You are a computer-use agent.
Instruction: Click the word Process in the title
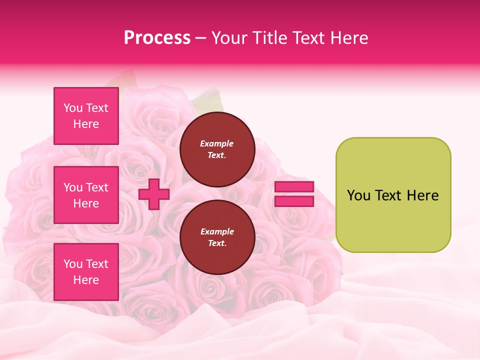(x=157, y=38)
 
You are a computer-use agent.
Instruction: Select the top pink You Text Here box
(x=86, y=116)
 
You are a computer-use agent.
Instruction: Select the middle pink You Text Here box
(x=86, y=195)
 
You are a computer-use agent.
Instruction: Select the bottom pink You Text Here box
(x=86, y=272)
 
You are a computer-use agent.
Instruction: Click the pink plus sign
(x=154, y=194)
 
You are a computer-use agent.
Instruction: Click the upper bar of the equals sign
(x=294, y=186)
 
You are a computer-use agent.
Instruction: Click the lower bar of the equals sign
(x=294, y=201)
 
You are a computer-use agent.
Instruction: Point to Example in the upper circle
(x=216, y=144)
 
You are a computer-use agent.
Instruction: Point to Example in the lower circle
(x=216, y=232)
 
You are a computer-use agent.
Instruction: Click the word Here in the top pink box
(x=86, y=124)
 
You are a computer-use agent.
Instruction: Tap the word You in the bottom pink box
(x=73, y=264)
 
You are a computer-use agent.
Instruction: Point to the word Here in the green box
(x=422, y=195)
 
